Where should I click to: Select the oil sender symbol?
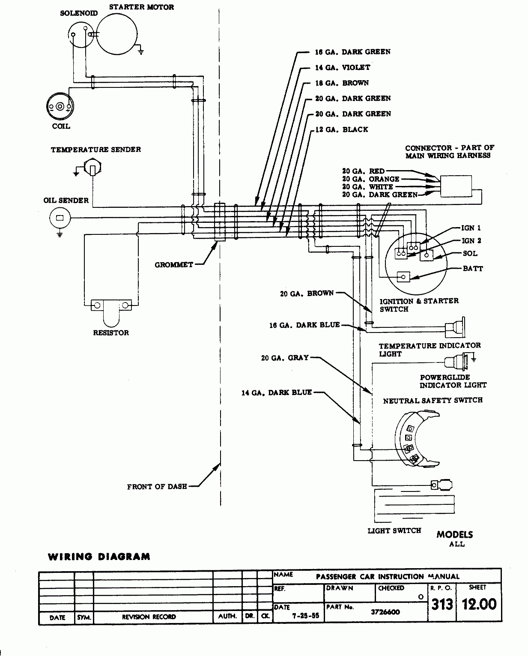pos(60,218)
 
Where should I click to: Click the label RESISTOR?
pos(111,332)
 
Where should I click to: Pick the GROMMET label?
pos(174,265)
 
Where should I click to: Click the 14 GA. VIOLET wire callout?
pos(343,67)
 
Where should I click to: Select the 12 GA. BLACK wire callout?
pos(341,129)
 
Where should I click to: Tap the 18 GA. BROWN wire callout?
pos(342,83)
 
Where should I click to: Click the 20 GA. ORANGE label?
pos(370,179)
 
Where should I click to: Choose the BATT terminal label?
pos(473,269)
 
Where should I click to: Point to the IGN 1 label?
pos(471,228)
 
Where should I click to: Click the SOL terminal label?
pos(470,253)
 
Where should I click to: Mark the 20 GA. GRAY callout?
pos(285,357)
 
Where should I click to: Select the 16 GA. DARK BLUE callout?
pos(304,325)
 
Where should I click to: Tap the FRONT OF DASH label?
pos(157,487)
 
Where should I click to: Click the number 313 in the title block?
pos(442,604)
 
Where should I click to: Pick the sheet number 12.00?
pos(479,604)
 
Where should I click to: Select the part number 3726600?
pos(385,612)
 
